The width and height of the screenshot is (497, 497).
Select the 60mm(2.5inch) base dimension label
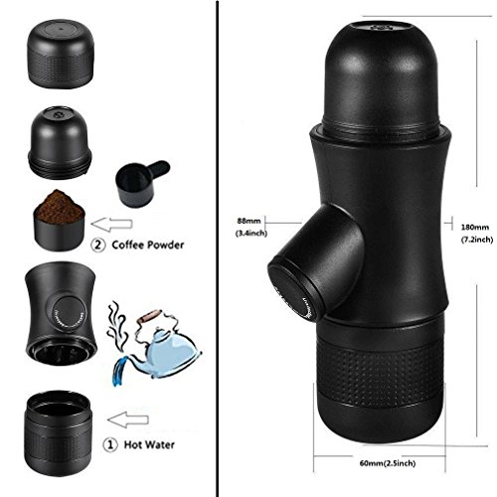point(388,463)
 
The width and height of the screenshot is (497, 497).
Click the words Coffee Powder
point(148,245)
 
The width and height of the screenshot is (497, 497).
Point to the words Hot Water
point(149,444)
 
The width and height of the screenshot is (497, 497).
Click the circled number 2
point(98,246)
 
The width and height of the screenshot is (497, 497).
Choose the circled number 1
point(110,445)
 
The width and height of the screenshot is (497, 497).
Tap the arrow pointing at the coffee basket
point(111,224)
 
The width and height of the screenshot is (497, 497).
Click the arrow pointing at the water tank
point(128,419)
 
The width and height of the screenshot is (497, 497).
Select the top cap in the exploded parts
point(60,54)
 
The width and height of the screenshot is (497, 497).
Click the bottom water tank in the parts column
point(58,433)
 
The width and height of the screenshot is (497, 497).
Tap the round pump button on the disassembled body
point(69,313)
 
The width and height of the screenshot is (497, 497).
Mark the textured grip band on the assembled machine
point(381,371)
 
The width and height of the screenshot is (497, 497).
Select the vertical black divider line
point(218,248)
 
